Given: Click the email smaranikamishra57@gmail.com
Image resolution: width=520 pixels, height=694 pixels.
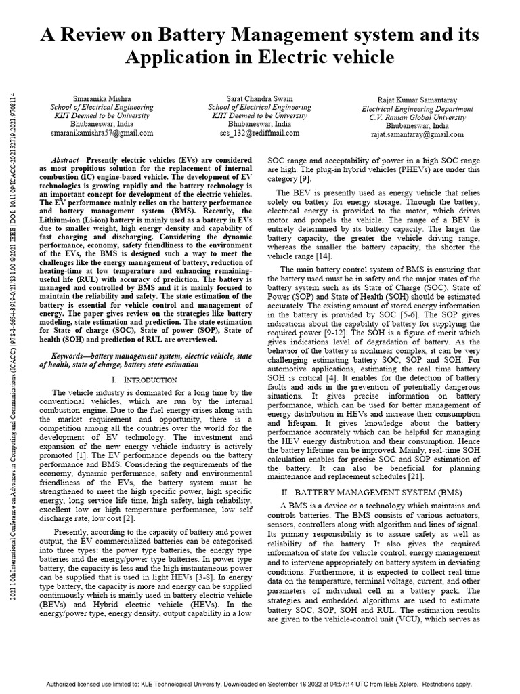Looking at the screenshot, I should pos(102,134).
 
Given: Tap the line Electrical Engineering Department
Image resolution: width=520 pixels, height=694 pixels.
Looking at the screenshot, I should pos(417,108).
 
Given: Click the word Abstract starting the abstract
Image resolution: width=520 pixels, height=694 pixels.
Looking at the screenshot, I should pos(66,156).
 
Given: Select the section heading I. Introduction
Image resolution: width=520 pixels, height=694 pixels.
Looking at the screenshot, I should pos(139,378).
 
